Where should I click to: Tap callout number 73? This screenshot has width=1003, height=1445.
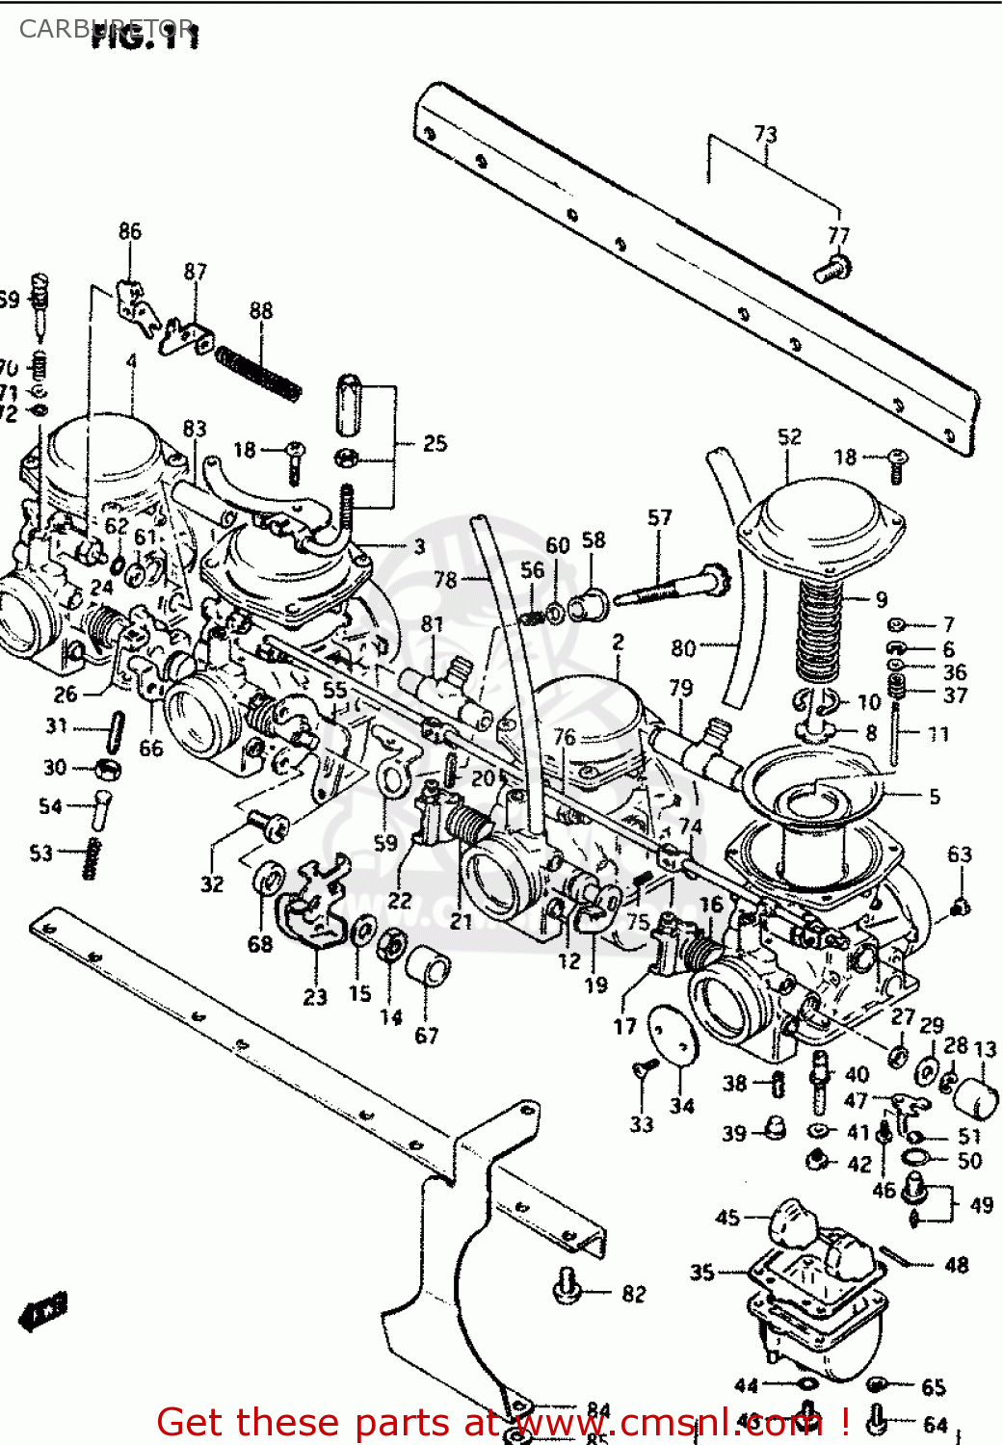[765, 134]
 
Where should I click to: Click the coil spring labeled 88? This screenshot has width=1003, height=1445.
[257, 374]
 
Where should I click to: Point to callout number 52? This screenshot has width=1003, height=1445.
[789, 436]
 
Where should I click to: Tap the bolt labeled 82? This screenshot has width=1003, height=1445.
[568, 1286]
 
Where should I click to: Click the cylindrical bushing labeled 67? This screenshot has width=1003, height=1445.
[427, 966]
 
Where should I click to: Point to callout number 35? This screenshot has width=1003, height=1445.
[702, 1273]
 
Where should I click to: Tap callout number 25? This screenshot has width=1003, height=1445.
[435, 443]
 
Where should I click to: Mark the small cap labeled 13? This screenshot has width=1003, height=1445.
[976, 1098]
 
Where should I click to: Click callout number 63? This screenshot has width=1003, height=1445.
[960, 854]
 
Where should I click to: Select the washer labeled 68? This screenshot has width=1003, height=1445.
[268, 880]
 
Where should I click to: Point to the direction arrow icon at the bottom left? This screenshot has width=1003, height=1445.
[43, 1311]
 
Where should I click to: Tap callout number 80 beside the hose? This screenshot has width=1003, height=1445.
[683, 647]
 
